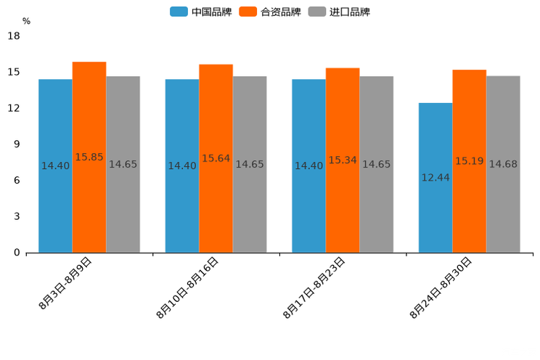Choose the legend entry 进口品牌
(x=340, y=12)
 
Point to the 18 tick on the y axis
(x=14, y=36)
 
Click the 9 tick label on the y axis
(x=17, y=144)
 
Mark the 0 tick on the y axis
(x=17, y=253)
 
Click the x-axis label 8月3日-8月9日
(x=66, y=283)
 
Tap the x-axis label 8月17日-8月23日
(x=315, y=287)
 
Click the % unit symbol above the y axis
(x=26, y=21)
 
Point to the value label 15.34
(x=343, y=160)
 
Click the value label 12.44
(x=435, y=177)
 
